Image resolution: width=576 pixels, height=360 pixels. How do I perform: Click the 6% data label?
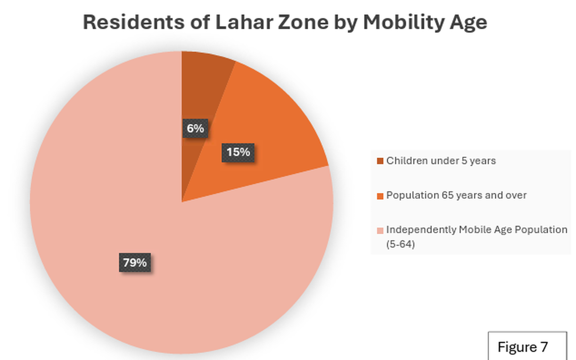(x=195, y=128)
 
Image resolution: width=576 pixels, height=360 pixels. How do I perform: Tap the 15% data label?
(x=237, y=152)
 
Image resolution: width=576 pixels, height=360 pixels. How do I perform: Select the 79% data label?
(x=135, y=263)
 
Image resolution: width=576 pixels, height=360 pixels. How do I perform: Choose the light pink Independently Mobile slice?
(x=152, y=202)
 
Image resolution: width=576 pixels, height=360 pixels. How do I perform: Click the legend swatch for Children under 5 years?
(x=380, y=161)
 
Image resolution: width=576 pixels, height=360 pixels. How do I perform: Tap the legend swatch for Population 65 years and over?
(x=380, y=196)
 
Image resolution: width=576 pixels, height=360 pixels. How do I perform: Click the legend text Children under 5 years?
(x=441, y=161)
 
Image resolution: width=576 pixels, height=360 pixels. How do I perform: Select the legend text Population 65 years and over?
(x=456, y=195)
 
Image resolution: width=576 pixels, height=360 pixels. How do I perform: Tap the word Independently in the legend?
(x=421, y=230)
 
